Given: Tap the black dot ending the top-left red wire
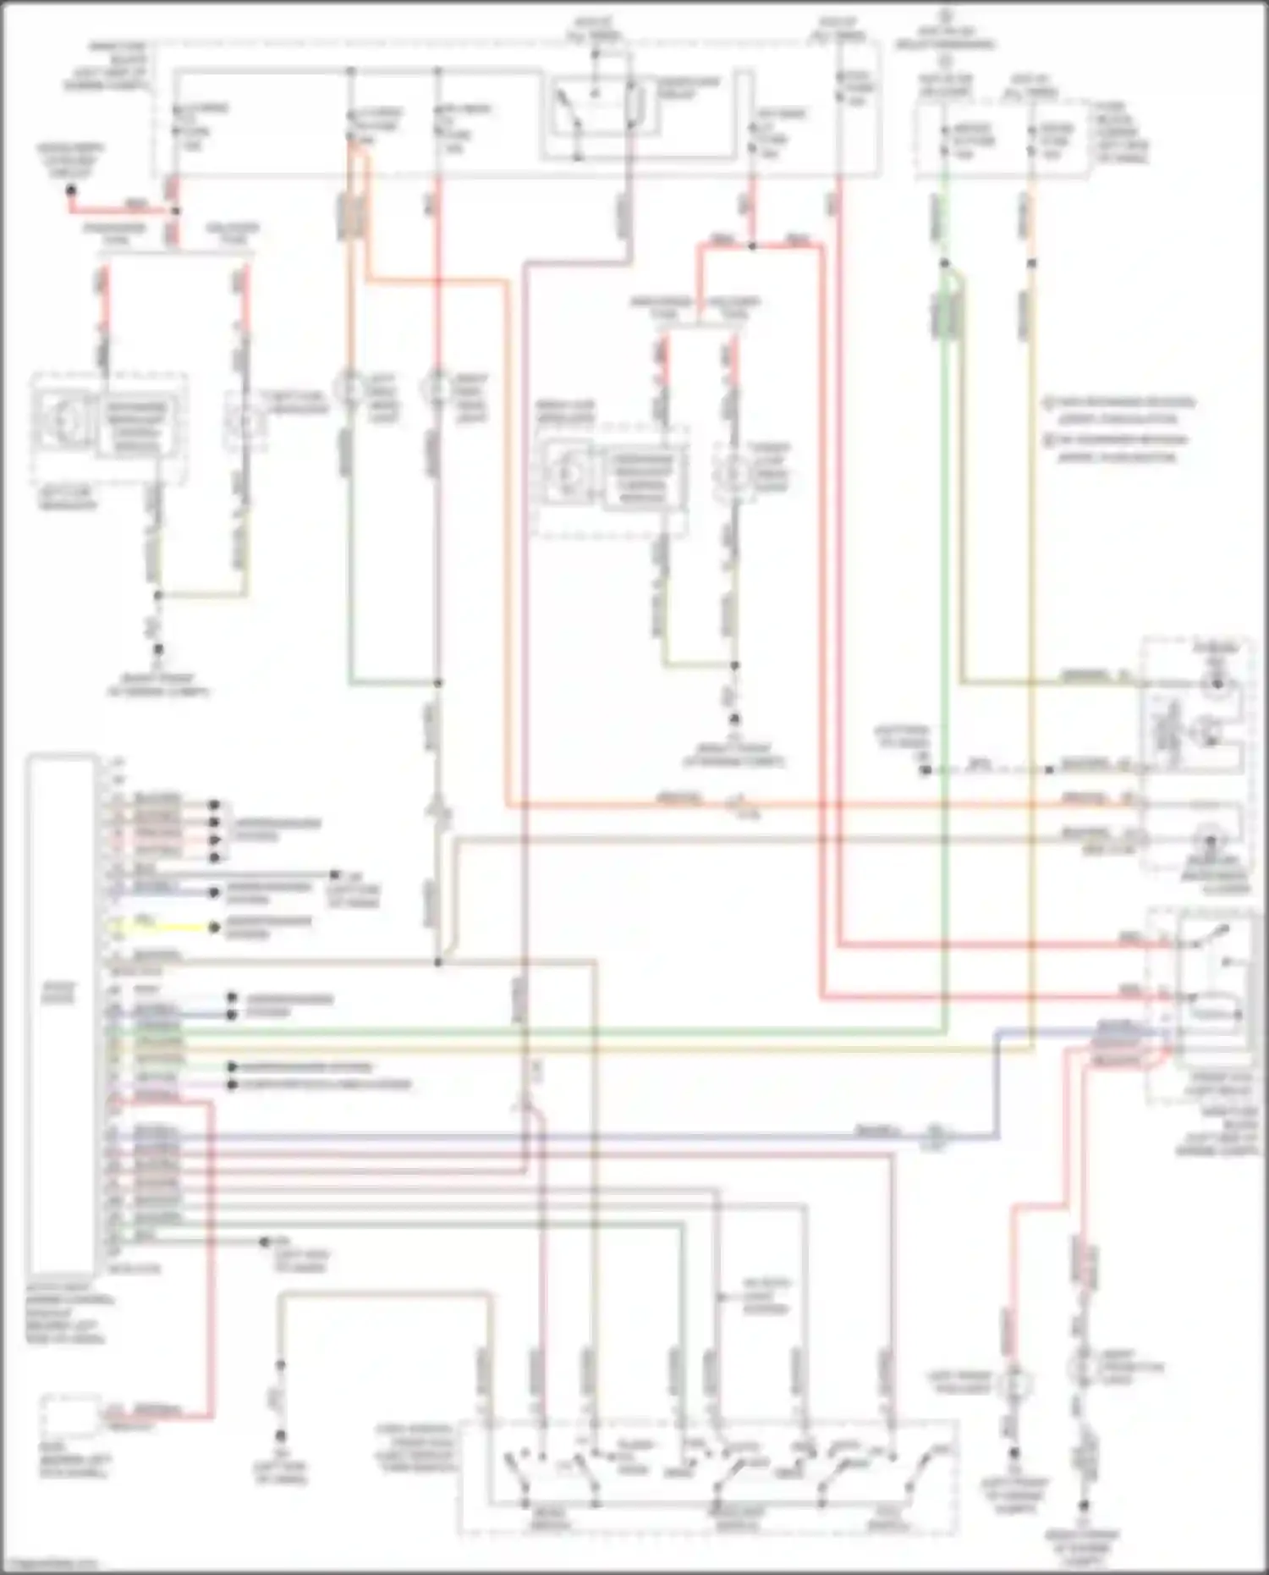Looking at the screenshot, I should point(71,190).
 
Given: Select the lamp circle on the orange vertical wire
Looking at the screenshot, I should point(351,388).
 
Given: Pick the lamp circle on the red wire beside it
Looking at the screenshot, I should point(437,388).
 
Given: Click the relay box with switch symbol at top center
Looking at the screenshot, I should point(597,114).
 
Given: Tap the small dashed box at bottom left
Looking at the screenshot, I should point(71,1418).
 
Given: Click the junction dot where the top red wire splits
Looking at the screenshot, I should point(751,245).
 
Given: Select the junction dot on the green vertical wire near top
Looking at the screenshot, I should point(945,263).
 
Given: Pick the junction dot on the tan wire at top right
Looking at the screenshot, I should point(1031,263).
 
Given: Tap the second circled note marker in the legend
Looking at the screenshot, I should point(1048,438).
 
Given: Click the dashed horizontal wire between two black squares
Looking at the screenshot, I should point(986,770).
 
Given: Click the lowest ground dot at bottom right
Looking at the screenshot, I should point(1085,1506).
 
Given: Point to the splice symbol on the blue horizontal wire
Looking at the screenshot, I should point(934,1134).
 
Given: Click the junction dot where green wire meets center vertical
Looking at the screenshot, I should point(437,682).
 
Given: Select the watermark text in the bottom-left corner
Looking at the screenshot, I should point(51,1565).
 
